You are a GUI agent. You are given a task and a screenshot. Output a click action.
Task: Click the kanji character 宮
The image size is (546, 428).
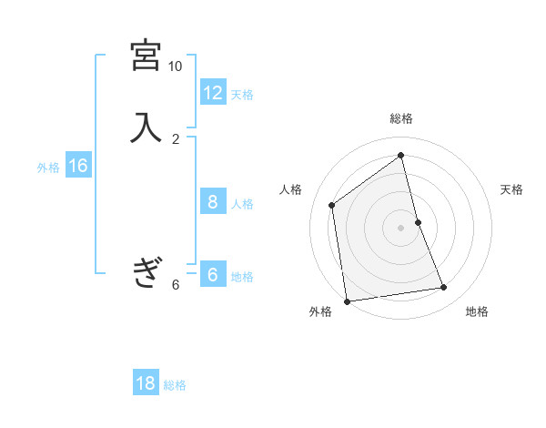coord(146,56)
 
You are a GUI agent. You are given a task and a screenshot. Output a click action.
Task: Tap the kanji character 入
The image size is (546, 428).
coord(146,127)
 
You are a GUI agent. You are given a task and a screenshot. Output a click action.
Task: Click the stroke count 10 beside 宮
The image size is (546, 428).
coord(175,66)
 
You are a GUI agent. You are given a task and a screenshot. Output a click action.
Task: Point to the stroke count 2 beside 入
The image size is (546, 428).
coord(176,138)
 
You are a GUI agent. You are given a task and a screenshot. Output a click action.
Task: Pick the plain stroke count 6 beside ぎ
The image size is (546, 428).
coord(176,284)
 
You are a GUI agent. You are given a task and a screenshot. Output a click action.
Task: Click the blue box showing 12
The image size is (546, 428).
coord(213,92)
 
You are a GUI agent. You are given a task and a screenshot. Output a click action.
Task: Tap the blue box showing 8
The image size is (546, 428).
coord(213,201)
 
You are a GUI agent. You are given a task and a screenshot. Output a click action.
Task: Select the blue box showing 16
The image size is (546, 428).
coord(78,166)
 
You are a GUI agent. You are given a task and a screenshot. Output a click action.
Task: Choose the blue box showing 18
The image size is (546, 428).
coord(146,383)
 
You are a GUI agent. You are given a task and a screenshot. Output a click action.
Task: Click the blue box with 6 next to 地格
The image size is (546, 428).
coord(213,275)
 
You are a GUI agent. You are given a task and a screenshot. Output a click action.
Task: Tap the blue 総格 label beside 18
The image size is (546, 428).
coord(175,385)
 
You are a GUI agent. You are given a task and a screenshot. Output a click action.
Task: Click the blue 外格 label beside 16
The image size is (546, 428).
coord(48,168)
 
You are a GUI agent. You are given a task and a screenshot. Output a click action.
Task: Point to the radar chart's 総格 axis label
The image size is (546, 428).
coord(401,118)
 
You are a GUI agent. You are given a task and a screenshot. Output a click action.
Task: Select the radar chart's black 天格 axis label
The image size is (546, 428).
coord(511,189)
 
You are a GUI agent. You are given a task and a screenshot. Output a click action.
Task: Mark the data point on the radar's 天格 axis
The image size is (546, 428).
coord(419,221)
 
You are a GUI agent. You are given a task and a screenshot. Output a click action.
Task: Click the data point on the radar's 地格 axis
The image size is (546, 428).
coord(444,288)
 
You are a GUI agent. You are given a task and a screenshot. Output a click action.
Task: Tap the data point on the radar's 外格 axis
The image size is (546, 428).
coord(347,301)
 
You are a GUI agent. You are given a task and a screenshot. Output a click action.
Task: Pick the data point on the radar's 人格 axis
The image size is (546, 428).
coord(332,205)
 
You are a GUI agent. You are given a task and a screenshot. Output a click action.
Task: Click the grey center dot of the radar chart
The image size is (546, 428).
coord(401,227)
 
